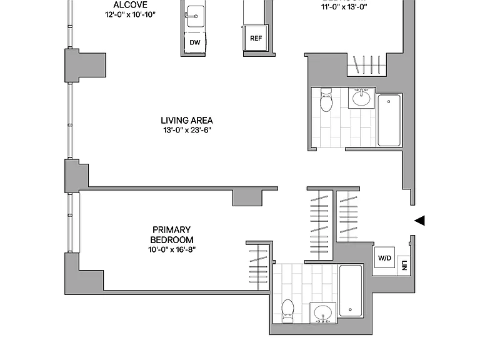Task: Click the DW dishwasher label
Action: tap(195, 42)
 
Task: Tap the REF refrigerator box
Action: tap(256, 38)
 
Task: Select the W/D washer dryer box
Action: tap(384, 257)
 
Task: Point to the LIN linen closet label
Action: tap(404, 266)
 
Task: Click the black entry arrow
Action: tap(420, 221)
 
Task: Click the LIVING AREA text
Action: tap(187, 120)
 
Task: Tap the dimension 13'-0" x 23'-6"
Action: tap(187, 130)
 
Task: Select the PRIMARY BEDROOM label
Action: tap(171, 235)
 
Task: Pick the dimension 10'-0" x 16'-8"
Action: tap(172, 250)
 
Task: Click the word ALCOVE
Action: tap(131, 5)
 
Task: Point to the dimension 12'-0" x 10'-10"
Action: tap(131, 15)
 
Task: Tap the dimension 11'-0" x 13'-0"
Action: tap(344, 7)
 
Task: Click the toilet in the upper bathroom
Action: tap(326, 99)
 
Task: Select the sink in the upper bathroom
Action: tap(361, 97)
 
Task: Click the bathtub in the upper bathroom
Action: tap(389, 120)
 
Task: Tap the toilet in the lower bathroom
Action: tap(287, 311)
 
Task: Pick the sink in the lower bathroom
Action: tap(323, 313)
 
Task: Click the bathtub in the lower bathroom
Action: tap(351, 291)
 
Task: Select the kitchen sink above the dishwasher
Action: tap(195, 16)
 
